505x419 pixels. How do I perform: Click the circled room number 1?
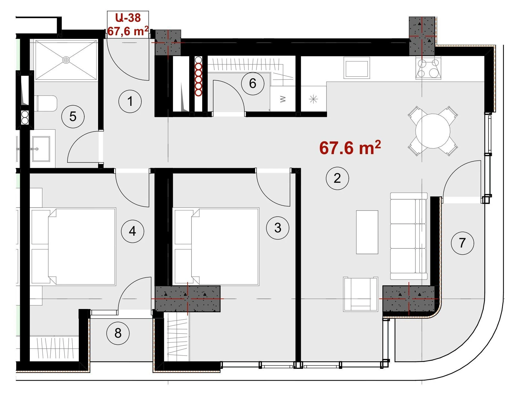pos(130,101)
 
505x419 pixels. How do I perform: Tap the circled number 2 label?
pos(337,178)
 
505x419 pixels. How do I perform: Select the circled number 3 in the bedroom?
pos(278,228)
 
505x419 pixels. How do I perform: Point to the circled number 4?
pos(133,231)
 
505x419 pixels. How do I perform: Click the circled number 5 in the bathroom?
pos(73,116)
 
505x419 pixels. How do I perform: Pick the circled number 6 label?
pos(253,84)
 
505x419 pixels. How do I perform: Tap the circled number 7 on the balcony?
pos(462,243)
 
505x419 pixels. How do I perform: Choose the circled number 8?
pos(118,333)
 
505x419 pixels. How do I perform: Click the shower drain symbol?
pos(66,60)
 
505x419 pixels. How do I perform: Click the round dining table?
pos(433,131)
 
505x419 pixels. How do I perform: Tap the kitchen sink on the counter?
pos(357,68)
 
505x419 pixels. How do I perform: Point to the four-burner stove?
pos(428,68)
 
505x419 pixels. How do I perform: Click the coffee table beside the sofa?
pos(367,232)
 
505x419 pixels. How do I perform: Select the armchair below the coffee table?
pos(361,294)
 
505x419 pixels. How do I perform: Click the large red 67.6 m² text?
pos(350,147)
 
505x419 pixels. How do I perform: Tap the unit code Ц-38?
pos(128,18)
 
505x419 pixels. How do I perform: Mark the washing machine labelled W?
pos(283,99)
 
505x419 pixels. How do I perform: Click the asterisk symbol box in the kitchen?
pos(314,99)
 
